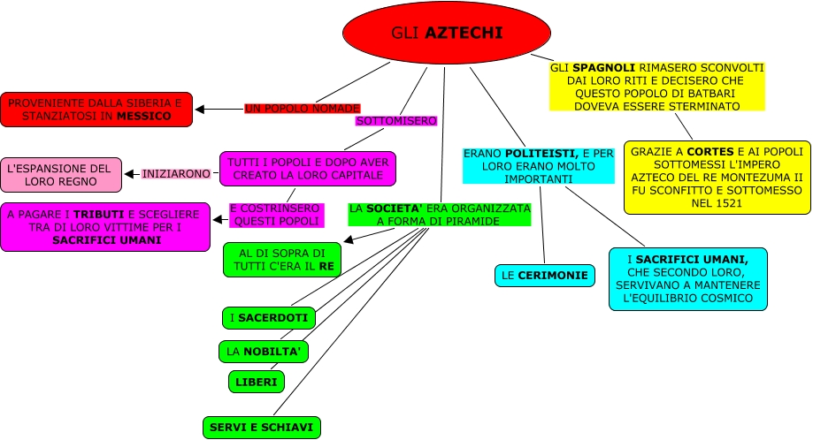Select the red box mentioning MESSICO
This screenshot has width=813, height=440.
(x=96, y=110)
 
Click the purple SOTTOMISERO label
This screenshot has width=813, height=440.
(x=395, y=120)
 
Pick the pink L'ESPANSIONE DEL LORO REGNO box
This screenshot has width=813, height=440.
(x=61, y=174)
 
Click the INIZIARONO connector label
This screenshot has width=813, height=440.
(x=176, y=174)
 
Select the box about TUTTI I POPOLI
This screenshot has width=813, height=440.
(x=307, y=169)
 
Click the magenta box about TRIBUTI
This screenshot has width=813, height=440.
(x=105, y=226)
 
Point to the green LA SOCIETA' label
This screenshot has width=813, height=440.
(x=440, y=215)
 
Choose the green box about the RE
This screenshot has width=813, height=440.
(x=281, y=260)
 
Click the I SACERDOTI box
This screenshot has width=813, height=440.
(x=267, y=317)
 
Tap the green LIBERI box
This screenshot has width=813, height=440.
(x=257, y=382)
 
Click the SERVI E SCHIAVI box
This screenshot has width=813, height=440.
(x=261, y=428)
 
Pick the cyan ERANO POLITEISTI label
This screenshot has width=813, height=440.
(x=539, y=166)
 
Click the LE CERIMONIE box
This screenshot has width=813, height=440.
(x=544, y=276)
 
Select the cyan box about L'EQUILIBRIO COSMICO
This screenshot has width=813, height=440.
(x=687, y=279)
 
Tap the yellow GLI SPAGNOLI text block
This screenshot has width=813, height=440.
(x=656, y=87)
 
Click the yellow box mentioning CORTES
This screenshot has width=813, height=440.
(x=717, y=177)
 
